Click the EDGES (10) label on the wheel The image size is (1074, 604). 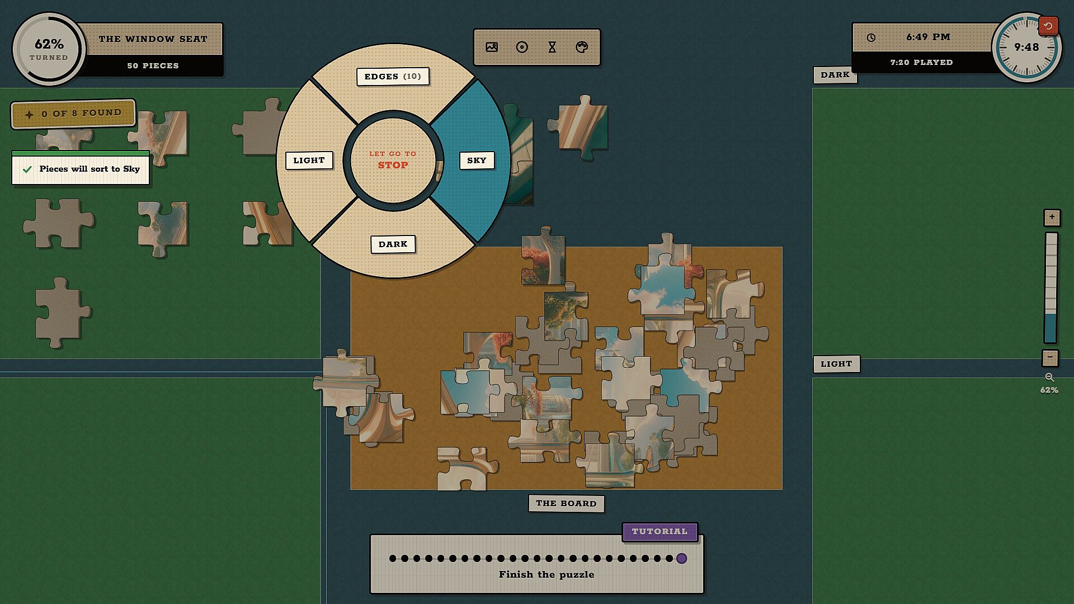393,77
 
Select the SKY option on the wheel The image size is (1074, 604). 477,161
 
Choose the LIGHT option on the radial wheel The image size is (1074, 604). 309,161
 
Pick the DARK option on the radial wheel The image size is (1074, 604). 393,244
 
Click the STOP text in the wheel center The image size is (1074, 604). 393,166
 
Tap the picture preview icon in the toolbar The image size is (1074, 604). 492,47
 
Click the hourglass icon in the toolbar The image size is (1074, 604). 552,47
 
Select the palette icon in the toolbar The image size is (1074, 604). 582,47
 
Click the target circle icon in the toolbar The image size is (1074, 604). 522,47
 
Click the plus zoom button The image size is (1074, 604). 1052,217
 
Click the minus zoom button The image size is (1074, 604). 1050,357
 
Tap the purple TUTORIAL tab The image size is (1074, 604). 660,532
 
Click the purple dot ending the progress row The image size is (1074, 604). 681,558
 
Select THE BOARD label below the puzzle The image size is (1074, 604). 566,503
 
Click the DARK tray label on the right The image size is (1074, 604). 835,75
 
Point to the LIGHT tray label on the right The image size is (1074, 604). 836,364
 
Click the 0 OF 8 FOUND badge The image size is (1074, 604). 73,114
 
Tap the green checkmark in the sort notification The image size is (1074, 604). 27,169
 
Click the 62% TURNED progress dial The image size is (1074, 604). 49,49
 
